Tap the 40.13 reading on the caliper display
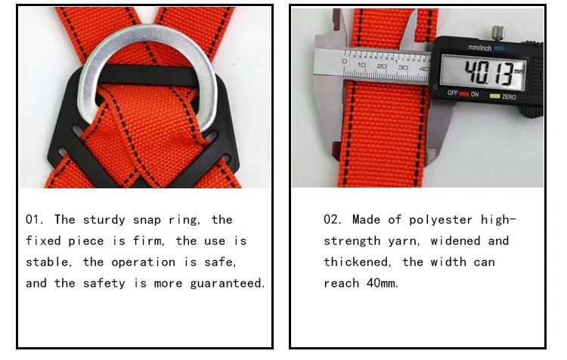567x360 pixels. (489, 73)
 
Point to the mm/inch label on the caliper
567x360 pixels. (479, 48)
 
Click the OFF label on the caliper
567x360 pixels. (452, 93)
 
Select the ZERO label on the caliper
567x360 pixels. (509, 97)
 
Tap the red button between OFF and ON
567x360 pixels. (464, 94)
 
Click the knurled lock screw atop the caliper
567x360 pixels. (497, 33)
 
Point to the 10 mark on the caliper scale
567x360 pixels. (361, 65)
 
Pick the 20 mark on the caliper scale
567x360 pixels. (382, 67)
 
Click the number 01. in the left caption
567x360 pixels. (35, 219)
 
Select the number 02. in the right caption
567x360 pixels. (333, 219)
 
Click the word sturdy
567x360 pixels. (104, 220)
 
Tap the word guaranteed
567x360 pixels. (228, 284)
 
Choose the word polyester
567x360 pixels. (441, 220)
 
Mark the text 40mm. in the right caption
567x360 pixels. (383, 283)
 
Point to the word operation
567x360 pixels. (143, 262)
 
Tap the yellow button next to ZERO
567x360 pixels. (494, 96)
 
